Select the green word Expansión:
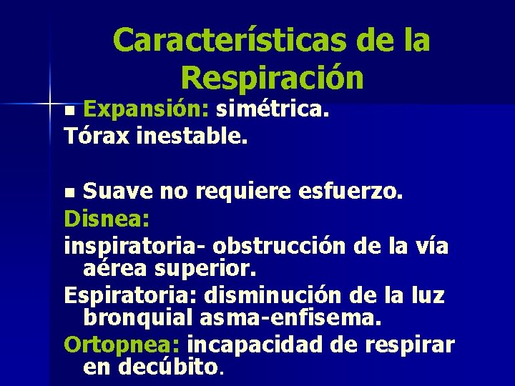146,109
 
